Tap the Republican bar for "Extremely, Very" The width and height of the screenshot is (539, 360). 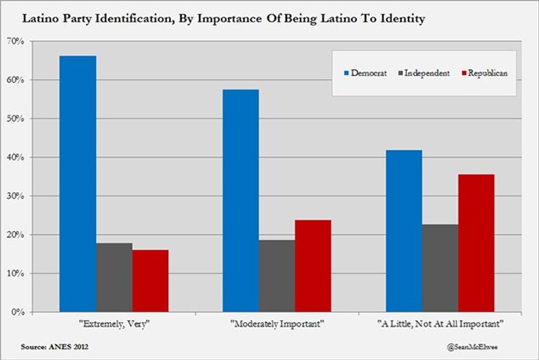pos(150,281)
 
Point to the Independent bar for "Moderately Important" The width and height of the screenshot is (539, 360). pos(277,276)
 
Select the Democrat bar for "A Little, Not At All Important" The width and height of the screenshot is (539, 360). pos(404,231)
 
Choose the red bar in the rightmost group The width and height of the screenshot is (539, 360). pos(476,243)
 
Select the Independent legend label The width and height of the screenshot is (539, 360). pos(427,73)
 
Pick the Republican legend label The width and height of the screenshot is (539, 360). pos(487,73)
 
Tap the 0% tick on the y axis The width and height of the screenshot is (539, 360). pos(18,312)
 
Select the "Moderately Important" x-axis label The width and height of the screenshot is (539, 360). pos(277,324)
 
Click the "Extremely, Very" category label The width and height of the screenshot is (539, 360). pos(114,324)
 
